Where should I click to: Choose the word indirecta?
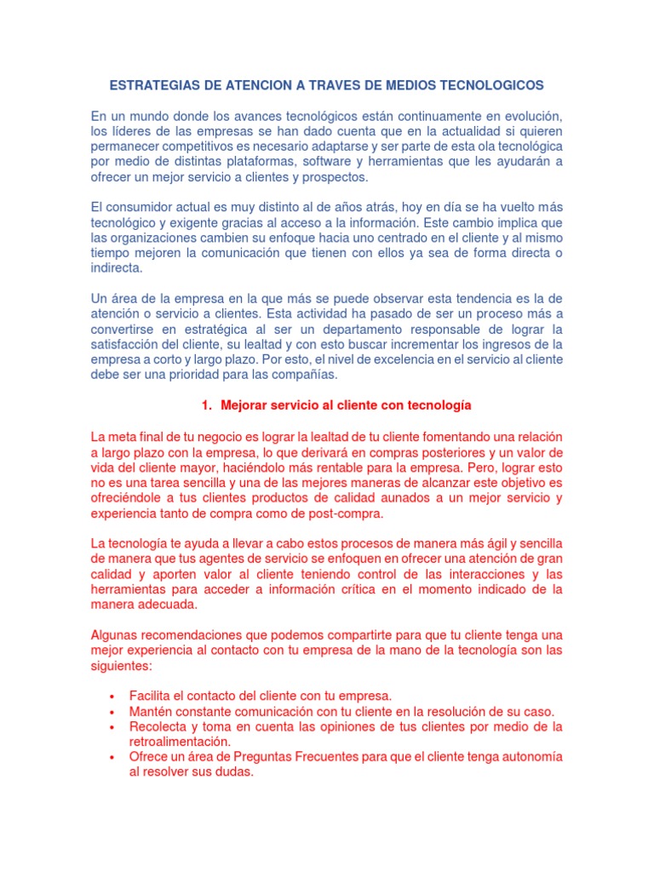click(117, 268)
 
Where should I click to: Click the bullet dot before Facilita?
click(113, 696)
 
